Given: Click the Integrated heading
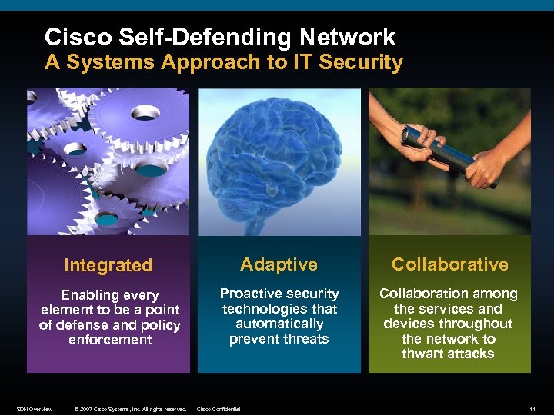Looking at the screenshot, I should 108,265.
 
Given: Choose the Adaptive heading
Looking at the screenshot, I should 279,264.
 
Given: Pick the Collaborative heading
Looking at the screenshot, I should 449,264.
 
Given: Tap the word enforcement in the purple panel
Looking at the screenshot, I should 110,339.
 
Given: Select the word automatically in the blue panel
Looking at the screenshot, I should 279,324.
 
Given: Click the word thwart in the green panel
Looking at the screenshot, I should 422,354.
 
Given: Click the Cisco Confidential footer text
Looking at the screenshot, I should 219,409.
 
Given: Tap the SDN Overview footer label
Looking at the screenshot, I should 35,409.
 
